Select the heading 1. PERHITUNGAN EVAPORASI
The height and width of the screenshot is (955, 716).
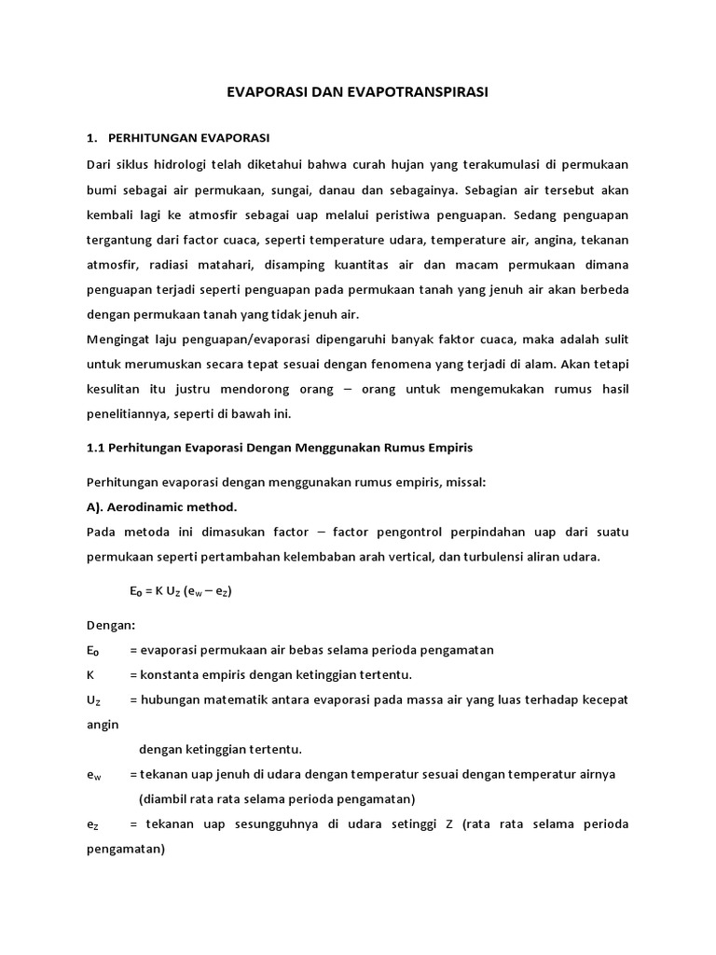(177, 138)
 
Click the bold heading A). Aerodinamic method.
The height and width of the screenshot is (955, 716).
(161, 506)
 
